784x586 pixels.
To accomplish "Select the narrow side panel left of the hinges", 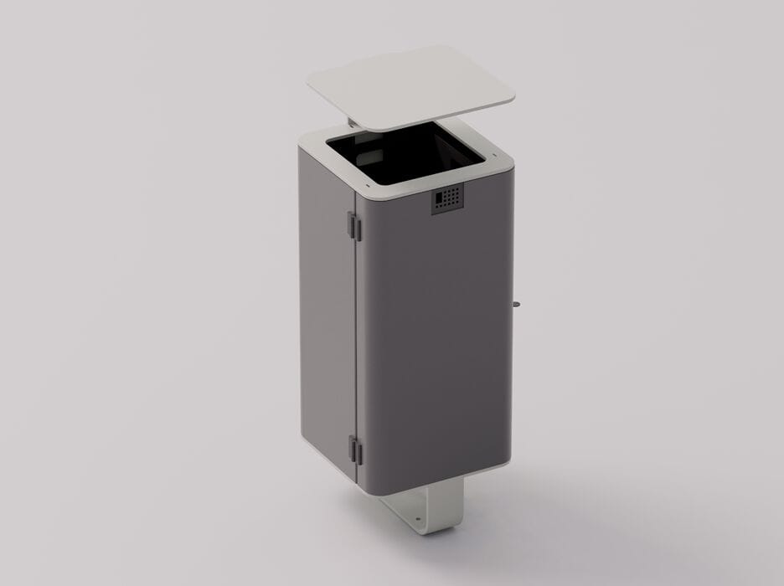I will tap(328, 318).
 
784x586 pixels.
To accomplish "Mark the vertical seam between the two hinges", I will tap(358, 335).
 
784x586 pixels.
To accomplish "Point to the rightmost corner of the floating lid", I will tap(513, 98).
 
